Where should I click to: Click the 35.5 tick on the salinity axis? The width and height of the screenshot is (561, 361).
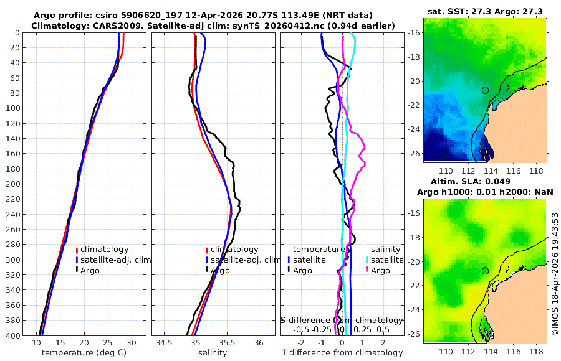228,343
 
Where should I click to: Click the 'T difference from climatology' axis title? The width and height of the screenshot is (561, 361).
342,353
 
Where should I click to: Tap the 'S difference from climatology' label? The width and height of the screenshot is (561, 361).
341,320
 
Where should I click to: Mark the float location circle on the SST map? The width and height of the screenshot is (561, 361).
486,90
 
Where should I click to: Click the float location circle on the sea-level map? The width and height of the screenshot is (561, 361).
486,271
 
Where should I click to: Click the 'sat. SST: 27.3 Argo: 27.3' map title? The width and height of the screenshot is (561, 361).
485,12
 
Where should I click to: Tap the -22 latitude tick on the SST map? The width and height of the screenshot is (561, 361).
414,105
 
